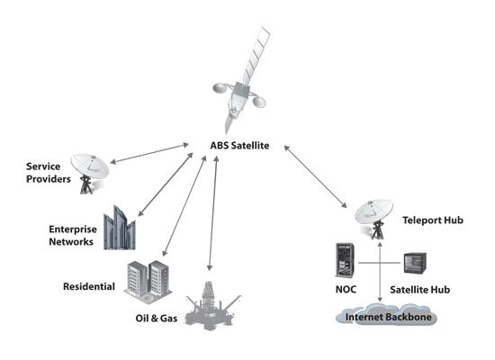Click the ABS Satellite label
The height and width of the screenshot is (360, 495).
[239, 146]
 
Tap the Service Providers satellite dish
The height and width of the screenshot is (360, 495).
[90, 173]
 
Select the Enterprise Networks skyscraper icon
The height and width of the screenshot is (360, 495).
[120, 228]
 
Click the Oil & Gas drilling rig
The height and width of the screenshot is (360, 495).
[211, 307]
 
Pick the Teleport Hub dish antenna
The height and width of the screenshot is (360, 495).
[373, 219]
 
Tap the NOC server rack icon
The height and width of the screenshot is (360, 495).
[345, 260]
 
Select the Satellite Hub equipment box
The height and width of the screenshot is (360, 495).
[415, 263]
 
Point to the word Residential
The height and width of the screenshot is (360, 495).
[89, 286]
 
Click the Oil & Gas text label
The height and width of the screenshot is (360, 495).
[157, 318]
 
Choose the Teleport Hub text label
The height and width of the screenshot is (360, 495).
[433, 220]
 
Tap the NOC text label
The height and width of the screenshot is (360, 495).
[346, 289]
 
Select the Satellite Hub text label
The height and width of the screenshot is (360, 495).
[420, 290]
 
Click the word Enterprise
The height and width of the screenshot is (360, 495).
[73, 229]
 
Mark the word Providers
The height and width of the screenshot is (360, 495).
[49, 179]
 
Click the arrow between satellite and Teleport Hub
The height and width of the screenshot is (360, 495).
[315, 176]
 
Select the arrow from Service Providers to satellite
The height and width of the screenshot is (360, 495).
[149, 154]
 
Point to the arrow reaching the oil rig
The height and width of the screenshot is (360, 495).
[212, 213]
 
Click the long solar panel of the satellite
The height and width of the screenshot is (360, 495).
[256, 56]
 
